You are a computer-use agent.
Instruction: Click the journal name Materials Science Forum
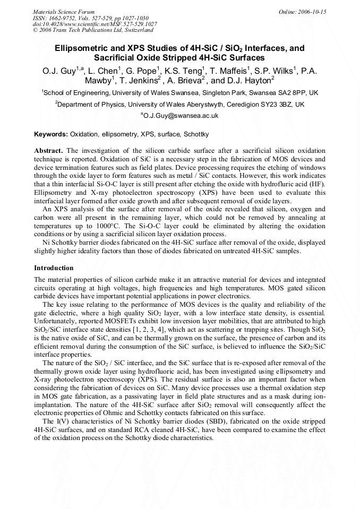click(x=64, y=12)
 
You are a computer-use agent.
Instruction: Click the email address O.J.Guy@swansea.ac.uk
click(x=181, y=115)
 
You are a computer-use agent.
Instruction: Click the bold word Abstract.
click(x=49, y=151)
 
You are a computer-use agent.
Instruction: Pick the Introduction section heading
click(x=54, y=268)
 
